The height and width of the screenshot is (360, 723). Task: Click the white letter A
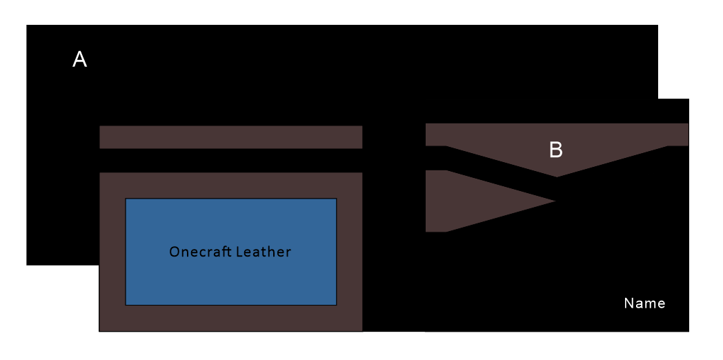coord(80,61)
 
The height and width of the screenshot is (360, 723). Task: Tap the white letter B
coord(555,150)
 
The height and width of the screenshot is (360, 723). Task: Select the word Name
coord(644,303)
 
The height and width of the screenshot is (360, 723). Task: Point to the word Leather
coord(264,252)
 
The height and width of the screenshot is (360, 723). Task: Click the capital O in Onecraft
coord(175,252)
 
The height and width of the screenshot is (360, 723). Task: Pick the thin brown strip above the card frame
coord(230,137)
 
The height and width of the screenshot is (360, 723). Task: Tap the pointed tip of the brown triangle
coord(553,201)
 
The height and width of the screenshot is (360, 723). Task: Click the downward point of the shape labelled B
coord(557,176)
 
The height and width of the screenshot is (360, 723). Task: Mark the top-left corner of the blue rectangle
coord(126,199)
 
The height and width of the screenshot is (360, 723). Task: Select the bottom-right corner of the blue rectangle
coord(336,304)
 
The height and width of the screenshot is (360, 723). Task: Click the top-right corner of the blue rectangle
coord(336,199)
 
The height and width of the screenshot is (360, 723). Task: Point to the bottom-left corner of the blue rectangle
coord(126,304)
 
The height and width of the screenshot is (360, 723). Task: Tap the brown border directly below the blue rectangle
coord(230,318)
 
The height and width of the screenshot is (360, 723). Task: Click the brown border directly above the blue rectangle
coord(230,186)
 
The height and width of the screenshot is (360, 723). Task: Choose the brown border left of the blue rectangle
coord(112,252)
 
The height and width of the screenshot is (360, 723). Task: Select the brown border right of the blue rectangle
coord(349,252)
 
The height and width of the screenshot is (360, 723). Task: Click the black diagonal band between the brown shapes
coord(497,172)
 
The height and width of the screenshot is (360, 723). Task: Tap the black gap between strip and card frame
coord(230,161)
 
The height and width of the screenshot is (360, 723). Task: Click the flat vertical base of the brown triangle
coord(428,201)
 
